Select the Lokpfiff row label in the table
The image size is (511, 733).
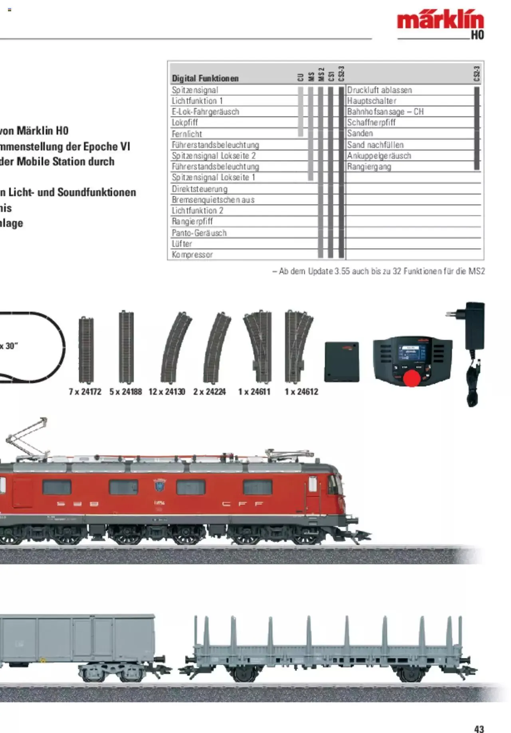point(185,123)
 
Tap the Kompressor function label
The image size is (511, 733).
point(192,254)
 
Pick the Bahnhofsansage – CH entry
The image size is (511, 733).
point(385,112)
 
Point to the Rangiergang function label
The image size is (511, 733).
point(369,166)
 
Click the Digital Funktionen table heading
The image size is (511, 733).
point(205,78)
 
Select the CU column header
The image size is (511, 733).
point(301,77)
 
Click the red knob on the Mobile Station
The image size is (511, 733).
point(412,378)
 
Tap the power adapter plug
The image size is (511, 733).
point(475,326)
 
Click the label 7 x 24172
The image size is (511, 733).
point(85,392)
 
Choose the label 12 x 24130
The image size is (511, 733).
point(167,392)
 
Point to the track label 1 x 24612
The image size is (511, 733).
point(301,392)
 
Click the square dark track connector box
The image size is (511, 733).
point(342,361)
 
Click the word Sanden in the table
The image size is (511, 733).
point(360,133)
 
